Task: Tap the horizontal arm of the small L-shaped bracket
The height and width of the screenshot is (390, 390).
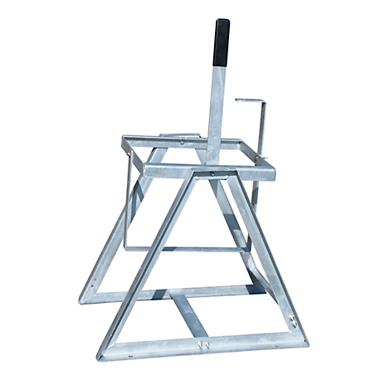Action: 249,101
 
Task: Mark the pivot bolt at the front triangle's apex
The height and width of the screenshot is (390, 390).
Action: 212,175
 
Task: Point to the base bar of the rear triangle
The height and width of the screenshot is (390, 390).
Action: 166,293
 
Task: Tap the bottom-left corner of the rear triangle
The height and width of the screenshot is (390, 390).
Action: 87,299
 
